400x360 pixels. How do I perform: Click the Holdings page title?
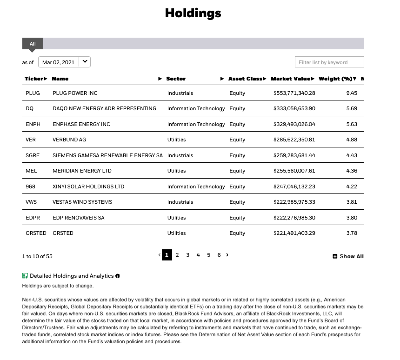193,13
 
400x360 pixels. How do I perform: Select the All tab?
33,44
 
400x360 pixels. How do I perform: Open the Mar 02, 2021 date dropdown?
64,62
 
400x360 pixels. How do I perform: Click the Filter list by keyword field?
329,62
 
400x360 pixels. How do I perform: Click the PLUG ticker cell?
33,93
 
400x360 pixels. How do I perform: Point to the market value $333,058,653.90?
294,108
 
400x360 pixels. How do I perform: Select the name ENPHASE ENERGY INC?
81,124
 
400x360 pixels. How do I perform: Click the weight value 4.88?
352,140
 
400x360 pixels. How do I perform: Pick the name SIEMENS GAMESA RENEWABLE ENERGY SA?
107,155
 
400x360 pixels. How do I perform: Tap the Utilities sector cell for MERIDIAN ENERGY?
176,171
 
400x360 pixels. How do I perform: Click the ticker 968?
31,187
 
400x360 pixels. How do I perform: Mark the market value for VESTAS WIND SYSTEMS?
294,202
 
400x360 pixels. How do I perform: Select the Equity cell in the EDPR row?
237,218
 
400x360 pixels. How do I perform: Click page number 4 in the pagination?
198,255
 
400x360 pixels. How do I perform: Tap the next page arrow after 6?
227,255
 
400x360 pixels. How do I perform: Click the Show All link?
348,256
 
